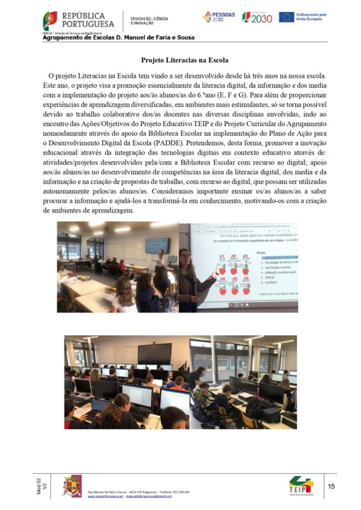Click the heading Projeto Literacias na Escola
(181, 61)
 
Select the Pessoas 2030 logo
(218, 17)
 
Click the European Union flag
(287, 17)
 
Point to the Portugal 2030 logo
(257, 17)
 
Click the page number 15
(331, 487)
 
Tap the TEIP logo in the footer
(301, 487)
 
